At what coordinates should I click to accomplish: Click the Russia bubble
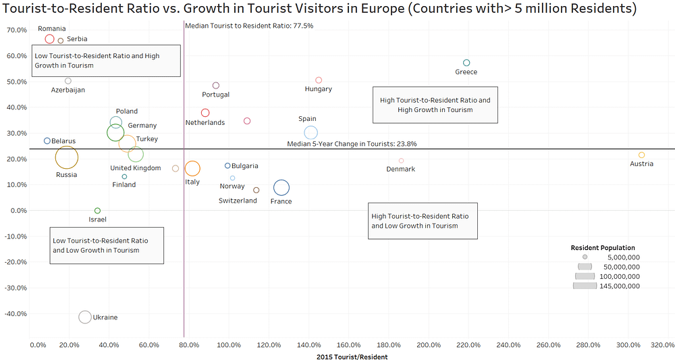click(x=66, y=158)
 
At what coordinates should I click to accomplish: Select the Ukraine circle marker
click(x=85, y=317)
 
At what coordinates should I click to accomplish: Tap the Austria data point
click(x=642, y=155)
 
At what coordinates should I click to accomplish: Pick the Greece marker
click(x=466, y=63)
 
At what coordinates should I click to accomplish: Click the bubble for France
click(x=281, y=188)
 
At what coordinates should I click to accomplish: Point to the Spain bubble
click(x=310, y=132)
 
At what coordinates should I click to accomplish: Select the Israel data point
click(x=97, y=211)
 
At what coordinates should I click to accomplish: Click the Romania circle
click(x=49, y=39)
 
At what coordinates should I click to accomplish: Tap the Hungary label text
click(x=319, y=89)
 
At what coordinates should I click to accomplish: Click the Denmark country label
click(x=401, y=169)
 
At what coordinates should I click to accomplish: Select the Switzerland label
click(x=238, y=201)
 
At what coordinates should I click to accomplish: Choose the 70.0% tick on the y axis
click(x=16, y=30)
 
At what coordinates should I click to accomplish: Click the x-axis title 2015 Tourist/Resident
click(x=352, y=357)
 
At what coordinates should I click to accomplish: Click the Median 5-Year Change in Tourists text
click(x=352, y=144)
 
